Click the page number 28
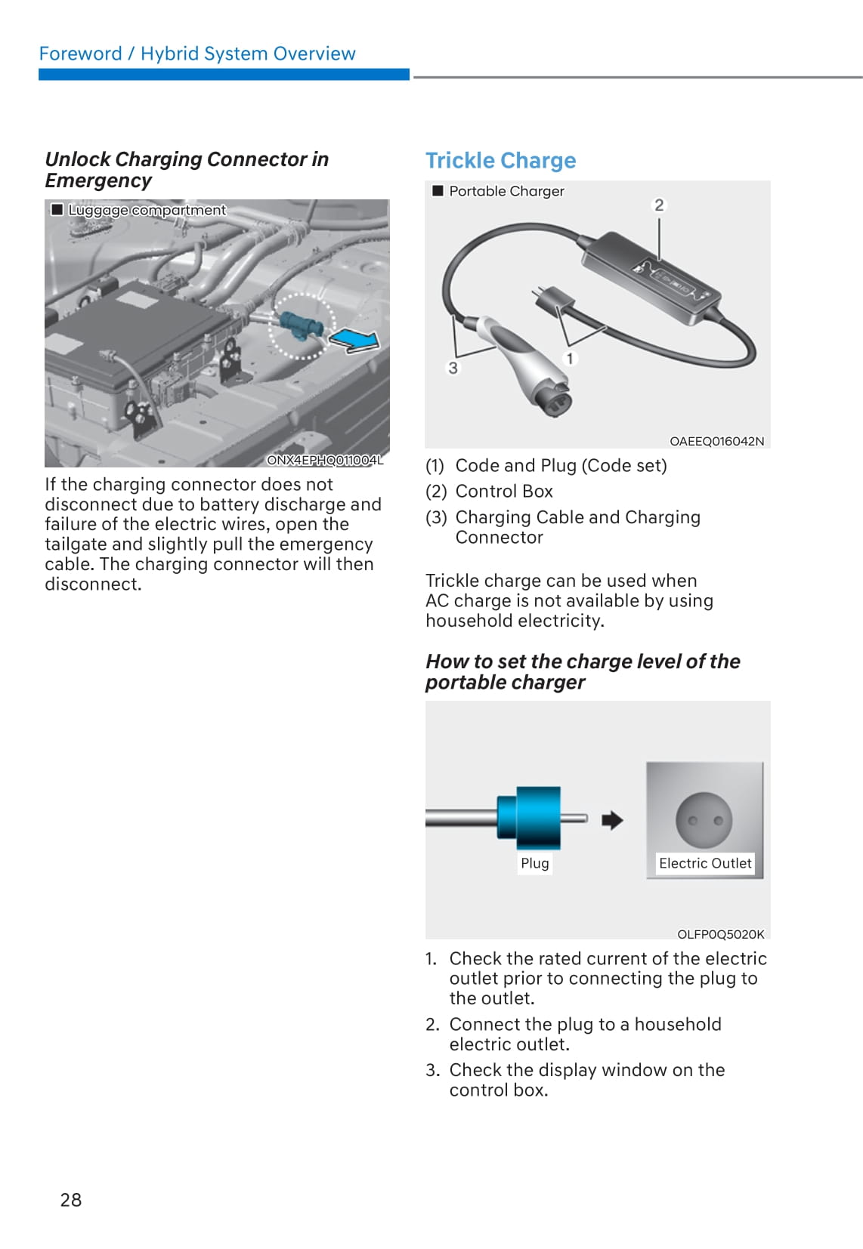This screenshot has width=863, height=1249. (71, 1199)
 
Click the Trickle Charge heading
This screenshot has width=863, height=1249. (500, 160)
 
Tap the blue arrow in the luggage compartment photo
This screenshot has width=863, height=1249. (355, 340)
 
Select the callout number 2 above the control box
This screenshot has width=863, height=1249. (659, 205)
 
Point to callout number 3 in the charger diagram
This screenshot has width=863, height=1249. (453, 368)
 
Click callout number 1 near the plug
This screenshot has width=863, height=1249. (570, 358)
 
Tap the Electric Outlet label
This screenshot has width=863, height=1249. (705, 863)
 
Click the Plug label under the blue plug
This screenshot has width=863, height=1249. (534, 863)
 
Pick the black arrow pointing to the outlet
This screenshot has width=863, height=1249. (612, 820)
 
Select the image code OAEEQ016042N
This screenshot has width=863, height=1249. (716, 441)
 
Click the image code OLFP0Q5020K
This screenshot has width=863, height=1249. (720, 934)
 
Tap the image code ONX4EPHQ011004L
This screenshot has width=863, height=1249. (325, 460)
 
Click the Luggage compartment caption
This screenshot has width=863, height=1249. (147, 210)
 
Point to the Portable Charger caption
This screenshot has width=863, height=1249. (506, 191)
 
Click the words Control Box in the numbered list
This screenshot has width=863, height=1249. (504, 492)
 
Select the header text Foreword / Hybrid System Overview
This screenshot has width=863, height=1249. (197, 54)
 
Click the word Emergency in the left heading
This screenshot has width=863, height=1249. (98, 180)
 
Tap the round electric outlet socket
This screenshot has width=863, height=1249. (704, 820)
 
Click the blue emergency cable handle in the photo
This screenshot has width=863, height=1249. (301, 325)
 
